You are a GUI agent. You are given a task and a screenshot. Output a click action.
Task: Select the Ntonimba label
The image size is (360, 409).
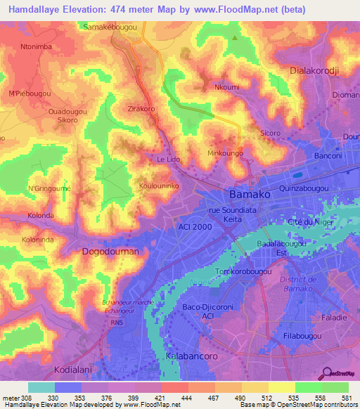click(37, 48)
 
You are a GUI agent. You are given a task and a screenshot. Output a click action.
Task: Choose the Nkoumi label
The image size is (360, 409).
click(226, 88)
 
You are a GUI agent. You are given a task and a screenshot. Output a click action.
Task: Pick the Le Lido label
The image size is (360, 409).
click(169, 160)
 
